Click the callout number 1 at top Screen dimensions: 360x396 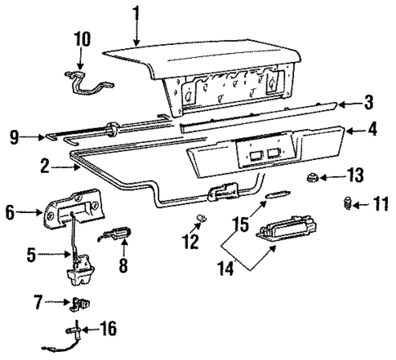click(x=136, y=14)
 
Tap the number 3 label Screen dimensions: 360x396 click(x=368, y=103)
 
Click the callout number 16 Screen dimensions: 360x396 click(x=107, y=329)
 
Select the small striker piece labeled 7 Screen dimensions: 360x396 click(x=81, y=304)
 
